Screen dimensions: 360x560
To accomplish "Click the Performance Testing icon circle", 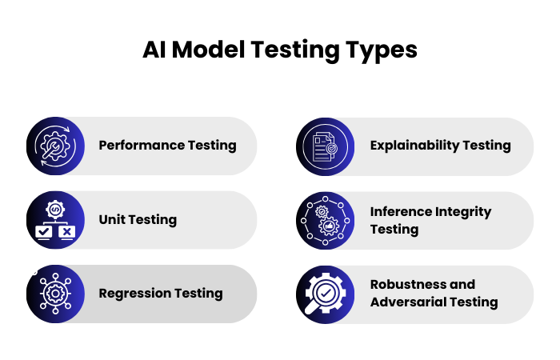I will click(x=55, y=146).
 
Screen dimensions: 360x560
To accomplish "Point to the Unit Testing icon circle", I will click(x=55, y=220).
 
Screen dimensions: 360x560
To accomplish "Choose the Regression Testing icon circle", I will click(x=55, y=294).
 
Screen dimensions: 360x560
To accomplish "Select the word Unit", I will click(x=112, y=219).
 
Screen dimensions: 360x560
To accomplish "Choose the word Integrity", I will click(x=464, y=212).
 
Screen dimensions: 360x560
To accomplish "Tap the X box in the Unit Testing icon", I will click(x=67, y=232).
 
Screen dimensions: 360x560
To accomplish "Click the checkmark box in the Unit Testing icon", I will click(x=43, y=232).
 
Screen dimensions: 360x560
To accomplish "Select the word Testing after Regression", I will click(x=200, y=293).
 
